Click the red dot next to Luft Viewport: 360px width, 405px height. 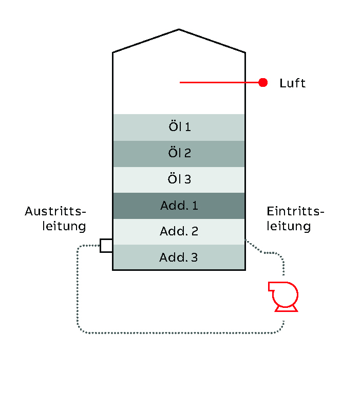pos(263,82)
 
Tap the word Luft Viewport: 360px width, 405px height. pos(292,83)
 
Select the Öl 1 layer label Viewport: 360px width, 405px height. pos(179,127)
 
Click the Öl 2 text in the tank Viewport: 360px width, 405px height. pos(179,153)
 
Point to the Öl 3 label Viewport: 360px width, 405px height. pos(179,179)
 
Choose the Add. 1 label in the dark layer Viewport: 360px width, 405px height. pos(179,206)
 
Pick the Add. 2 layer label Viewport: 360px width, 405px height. pos(179,232)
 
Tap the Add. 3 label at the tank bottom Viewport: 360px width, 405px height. pos(179,257)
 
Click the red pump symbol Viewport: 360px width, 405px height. pos(284,295)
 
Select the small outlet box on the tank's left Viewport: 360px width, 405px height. pos(106,246)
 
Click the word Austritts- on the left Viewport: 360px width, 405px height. pos(55,211)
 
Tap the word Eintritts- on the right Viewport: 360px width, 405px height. pos(296,211)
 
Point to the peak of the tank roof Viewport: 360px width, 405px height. pos(179,30)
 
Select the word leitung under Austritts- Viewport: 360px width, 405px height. pos(64,226)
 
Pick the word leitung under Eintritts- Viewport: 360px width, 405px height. pos(289,226)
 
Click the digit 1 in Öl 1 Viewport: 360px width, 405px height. pos(188,127)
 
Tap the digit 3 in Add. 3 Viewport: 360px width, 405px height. pos(194,257)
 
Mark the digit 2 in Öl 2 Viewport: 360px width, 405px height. pos(187,153)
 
